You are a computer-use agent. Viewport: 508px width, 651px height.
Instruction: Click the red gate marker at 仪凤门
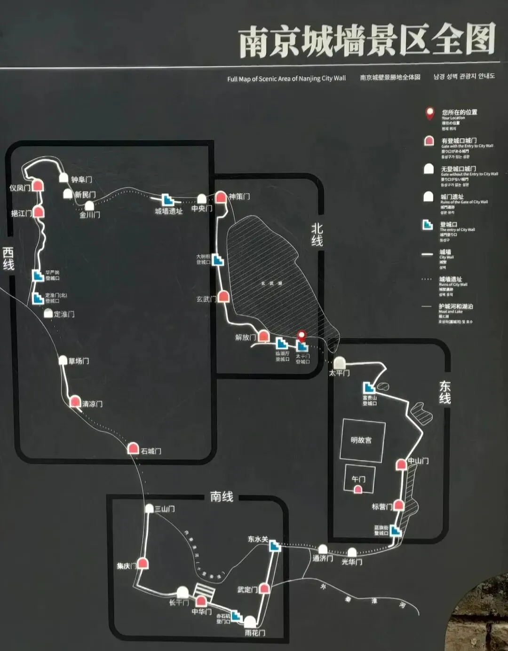(38, 185)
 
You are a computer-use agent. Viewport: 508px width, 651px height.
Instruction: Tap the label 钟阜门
(81, 180)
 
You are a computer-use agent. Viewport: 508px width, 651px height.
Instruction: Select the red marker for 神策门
(221, 196)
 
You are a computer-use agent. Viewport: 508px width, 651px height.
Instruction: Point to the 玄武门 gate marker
(223, 297)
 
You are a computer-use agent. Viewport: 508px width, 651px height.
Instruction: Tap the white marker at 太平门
(340, 362)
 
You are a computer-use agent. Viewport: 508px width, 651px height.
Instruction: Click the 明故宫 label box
(361, 440)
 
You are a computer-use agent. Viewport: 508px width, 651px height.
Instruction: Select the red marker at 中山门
(401, 464)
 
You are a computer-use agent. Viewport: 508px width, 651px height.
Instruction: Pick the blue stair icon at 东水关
(275, 546)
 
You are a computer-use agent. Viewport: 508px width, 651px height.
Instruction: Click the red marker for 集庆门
(143, 563)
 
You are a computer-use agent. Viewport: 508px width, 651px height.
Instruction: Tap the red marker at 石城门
(133, 448)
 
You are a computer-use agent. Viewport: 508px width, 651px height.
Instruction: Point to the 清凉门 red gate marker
(75, 401)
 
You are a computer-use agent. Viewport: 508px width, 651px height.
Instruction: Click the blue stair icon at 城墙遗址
(167, 200)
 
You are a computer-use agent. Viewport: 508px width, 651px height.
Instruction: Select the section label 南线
(222, 497)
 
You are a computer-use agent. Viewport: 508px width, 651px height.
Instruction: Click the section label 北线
(317, 235)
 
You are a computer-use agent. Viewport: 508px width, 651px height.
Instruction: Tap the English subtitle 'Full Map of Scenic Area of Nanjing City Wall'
(286, 78)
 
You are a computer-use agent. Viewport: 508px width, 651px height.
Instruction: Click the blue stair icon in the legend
(428, 225)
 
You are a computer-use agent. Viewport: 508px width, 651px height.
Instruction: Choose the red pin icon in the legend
(429, 113)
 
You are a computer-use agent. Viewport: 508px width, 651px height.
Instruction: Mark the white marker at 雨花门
(250, 621)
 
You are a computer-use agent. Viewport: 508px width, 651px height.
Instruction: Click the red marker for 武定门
(264, 588)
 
